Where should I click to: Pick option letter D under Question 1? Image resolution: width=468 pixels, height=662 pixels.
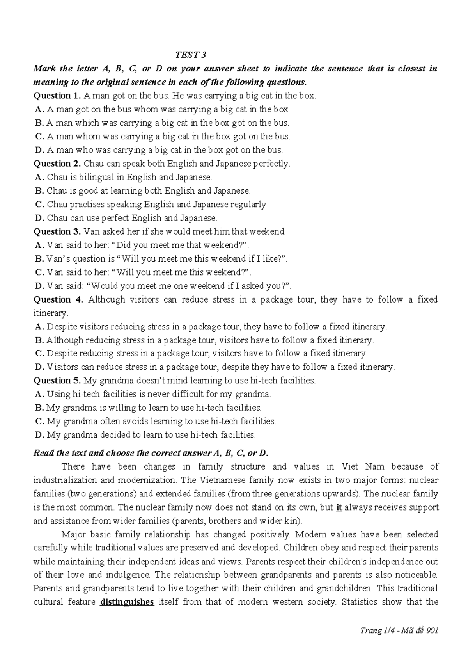[38, 150]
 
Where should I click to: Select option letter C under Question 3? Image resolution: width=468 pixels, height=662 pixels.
[38, 272]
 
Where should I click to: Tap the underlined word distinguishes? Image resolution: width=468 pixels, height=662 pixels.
[127, 602]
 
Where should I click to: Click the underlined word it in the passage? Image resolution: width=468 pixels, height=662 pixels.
[339, 507]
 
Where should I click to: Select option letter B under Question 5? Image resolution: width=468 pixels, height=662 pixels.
[38, 408]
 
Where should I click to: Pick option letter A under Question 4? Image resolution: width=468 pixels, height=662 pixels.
[38, 326]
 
